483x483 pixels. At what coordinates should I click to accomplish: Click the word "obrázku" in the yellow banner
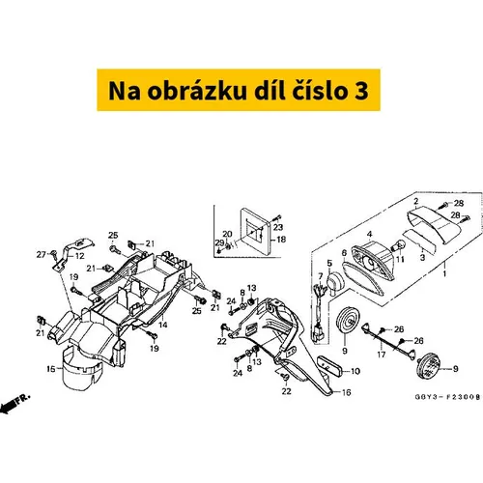tap(197, 91)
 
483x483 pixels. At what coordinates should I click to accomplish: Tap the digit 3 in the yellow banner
tap(361, 91)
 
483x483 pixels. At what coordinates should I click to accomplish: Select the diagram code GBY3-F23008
tap(447, 397)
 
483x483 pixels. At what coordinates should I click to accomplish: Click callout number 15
tap(51, 369)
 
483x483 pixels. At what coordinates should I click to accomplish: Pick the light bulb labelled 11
tap(398, 246)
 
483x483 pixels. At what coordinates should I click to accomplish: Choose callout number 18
tap(281, 240)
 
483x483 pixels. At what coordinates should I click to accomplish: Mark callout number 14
tap(163, 325)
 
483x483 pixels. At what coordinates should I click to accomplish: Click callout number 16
tap(346, 392)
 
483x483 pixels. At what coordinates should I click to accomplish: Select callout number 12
tap(79, 256)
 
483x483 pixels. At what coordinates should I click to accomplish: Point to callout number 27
tap(41, 255)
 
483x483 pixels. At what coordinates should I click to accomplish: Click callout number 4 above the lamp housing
tap(369, 234)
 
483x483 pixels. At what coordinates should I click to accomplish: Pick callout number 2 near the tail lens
tap(416, 202)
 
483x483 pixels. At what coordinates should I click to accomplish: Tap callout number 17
tap(382, 355)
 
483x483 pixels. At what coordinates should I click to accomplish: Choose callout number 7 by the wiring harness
tap(321, 276)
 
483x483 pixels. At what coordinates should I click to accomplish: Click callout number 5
tap(329, 264)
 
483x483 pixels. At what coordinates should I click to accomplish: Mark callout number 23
tap(278, 227)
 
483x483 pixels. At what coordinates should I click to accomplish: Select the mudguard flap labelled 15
tap(82, 369)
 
